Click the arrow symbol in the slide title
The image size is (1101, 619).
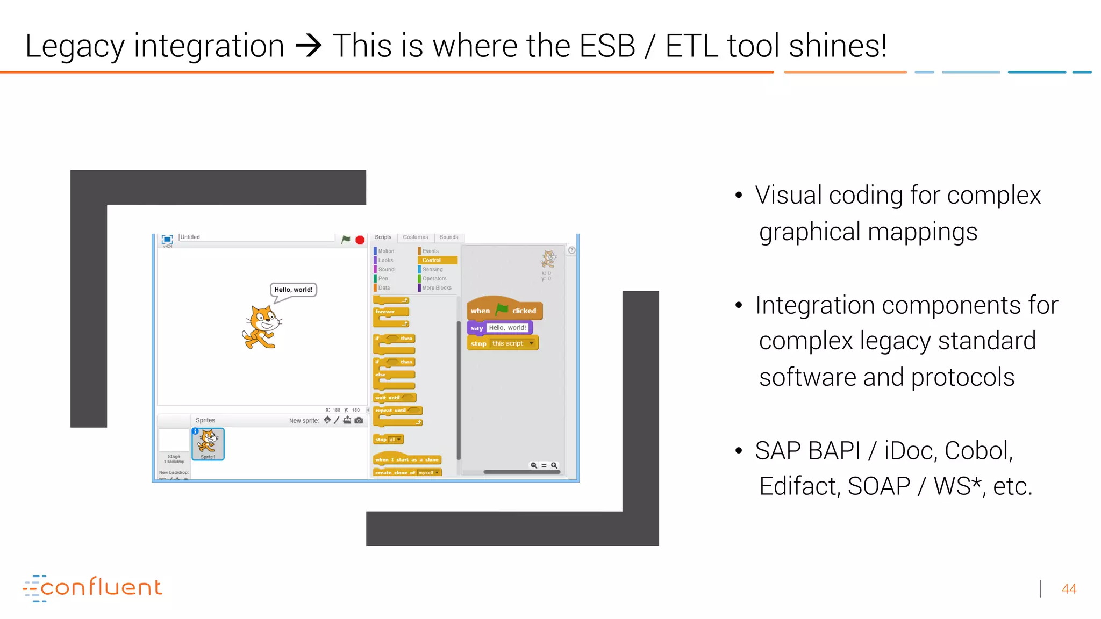[309, 46]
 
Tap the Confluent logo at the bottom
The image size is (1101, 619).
[92, 588]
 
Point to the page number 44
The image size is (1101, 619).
[1069, 589]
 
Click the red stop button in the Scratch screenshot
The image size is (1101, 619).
[360, 240]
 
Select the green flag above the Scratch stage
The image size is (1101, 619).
[346, 239]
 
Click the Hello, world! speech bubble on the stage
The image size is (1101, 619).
[294, 290]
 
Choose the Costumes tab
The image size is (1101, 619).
[416, 237]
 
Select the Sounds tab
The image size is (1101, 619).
[449, 237]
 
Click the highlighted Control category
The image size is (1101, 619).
[437, 260]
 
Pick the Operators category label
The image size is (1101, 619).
[434, 278]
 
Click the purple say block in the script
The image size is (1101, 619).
[476, 328]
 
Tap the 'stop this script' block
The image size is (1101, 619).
[502, 343]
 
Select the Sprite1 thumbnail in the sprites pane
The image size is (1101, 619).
[208, 443]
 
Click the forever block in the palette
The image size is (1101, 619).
[390, 312]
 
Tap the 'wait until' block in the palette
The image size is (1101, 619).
[394, 398]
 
